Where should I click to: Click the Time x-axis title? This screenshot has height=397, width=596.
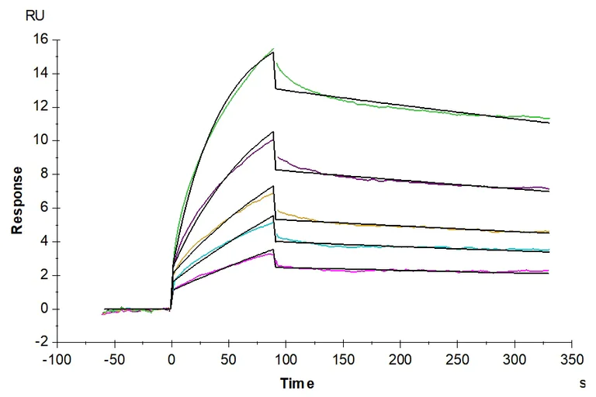tap(298, 382)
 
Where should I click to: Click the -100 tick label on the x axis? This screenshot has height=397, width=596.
tap(57, 361)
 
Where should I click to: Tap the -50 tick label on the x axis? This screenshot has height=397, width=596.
tap(115, 361)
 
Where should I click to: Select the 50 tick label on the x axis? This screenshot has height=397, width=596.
tap(228, 361)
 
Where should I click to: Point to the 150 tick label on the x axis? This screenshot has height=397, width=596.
tap(342, 361)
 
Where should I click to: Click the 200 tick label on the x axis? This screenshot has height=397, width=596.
tap(400, 361)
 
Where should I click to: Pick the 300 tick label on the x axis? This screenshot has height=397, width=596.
tap(514, 361)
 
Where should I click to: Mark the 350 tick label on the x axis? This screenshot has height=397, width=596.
tap(571, 361)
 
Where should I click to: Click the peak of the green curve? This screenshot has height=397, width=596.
tap(273, 50)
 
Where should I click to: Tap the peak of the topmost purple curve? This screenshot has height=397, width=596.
tap(273, 139)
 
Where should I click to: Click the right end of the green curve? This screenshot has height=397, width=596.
tap(549, 119)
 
